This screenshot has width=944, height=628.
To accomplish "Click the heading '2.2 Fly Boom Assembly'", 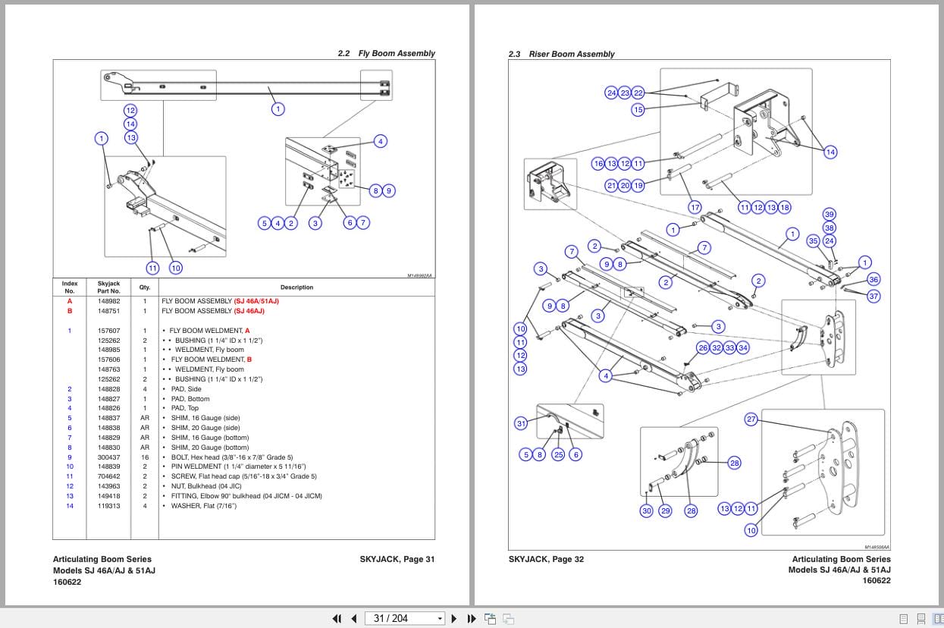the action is coord(386,54).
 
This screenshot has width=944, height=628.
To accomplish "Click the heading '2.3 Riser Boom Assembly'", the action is coord(561,55).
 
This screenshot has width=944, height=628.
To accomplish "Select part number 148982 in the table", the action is coord(108,301).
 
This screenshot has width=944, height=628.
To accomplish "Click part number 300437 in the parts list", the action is coord(108,457).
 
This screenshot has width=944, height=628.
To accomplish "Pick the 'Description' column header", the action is coord(296,287).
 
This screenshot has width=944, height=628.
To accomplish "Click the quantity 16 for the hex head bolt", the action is coord(145,457).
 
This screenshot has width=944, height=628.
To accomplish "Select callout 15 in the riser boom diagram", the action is coord(638,110).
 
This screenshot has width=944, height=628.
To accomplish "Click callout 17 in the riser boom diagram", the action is coord(695,207).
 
